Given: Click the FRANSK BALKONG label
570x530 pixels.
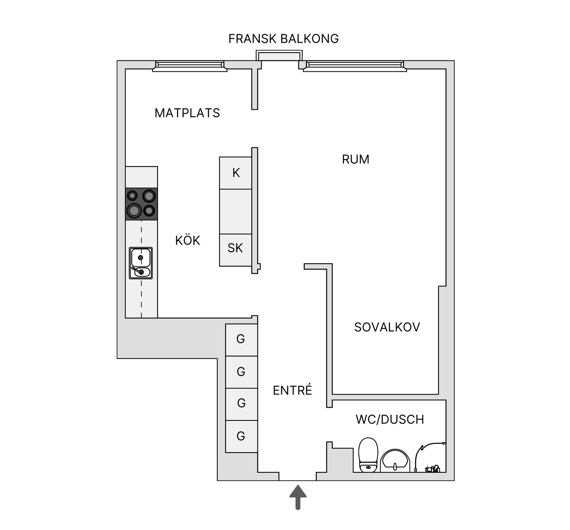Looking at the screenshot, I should (x=283, y=39).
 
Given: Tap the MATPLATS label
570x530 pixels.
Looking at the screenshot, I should (x=187, y=113).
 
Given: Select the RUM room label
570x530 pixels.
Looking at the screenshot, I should (x=355, y=160).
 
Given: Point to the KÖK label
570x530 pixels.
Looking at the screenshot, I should (x=187, y=241).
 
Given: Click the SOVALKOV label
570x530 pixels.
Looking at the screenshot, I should (x=387, y=327).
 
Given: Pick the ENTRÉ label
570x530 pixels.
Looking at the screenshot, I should (x=292, y=390).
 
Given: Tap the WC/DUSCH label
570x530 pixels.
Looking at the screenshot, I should (x=389, y=419).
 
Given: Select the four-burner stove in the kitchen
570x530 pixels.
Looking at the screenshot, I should (x=141, y=204).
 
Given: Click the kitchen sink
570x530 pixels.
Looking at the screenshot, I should (x=141, y=263).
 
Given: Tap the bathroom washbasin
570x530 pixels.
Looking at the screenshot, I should (x=395, y=461).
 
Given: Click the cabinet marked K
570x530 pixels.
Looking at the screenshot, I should (x=236, y=173).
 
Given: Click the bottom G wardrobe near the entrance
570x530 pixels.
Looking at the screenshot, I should (x=241, y=436).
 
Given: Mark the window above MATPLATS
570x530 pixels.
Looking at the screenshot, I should (x=190, y=66).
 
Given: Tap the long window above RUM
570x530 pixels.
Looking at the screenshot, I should (x=355, y=66).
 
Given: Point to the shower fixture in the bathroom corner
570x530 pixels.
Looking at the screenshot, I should (x=430, y=458).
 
